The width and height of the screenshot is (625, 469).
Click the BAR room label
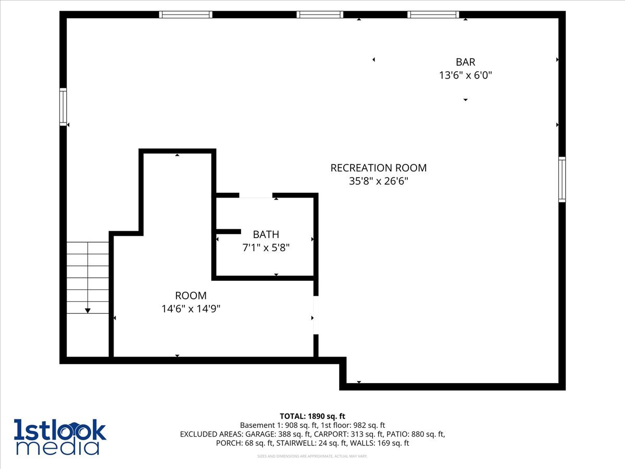pos(465,62)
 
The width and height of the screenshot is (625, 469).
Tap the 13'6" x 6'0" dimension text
pos(465,75)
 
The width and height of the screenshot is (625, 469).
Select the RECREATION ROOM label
pos(378,168)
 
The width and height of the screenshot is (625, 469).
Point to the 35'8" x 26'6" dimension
pos(378,181)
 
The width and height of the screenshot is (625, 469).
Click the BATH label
pos(266,234)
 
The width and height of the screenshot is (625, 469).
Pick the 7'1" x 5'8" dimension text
pos(266,248)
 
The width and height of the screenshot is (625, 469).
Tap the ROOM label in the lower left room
pos(191,295)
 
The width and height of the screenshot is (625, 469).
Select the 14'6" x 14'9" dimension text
pos(191,308)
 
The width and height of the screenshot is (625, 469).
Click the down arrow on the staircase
pos(87,310)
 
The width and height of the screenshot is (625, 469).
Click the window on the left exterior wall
pos(63,107)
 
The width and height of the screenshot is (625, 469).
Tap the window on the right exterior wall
pos(562,179)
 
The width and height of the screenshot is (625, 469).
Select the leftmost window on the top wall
pos(185,15)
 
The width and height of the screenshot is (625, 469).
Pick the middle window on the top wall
pos(320,15)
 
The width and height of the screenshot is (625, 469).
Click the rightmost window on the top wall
pos(433,15)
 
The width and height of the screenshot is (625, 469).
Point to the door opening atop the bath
pos(255,195)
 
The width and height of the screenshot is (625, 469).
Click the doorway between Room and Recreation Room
pos(316,315)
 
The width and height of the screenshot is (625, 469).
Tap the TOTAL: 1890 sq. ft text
pos(312,416)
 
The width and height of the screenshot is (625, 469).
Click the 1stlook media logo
pos(59,437)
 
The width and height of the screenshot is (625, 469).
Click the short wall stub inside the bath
pos(228,231)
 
